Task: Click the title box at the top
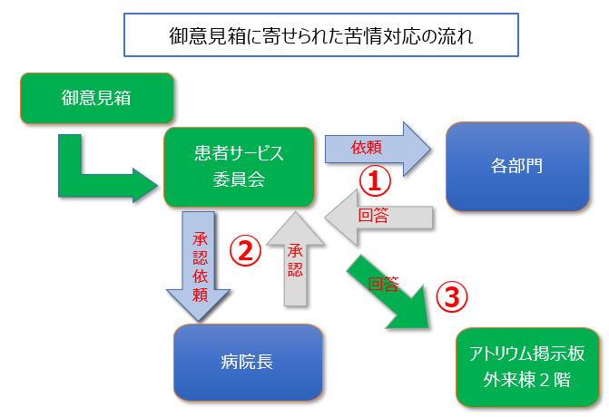(320, 36)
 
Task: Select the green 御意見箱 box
(96, 98)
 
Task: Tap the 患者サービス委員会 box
(239, 166)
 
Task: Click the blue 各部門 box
(517, 166)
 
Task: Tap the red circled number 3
(453, 296)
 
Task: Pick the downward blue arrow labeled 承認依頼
(200, 263)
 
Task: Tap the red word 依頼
(367, 147)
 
